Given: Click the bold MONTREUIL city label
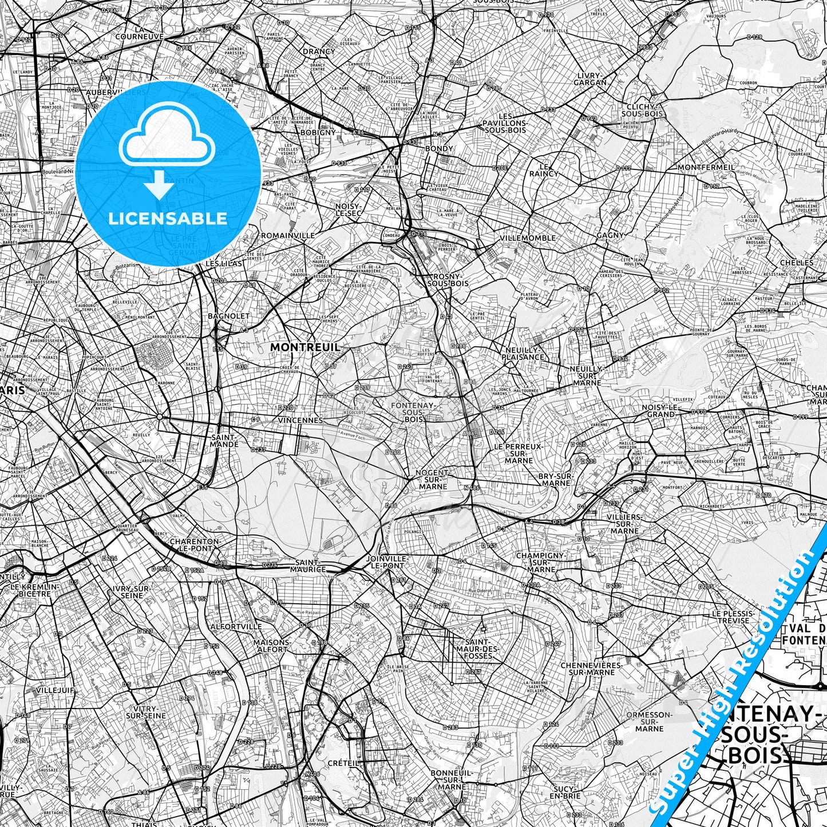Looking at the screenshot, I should pyautogui.click(x=304, y=347).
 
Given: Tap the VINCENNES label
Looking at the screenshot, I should pyautogui.click(x=300, y=420).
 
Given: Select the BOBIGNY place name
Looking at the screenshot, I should pyautogui.click(x=318, y=132).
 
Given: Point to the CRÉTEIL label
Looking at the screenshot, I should pyautogui.click(x=343, y=763).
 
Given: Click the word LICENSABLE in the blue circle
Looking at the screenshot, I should pyautogui.click(x=168, y=219).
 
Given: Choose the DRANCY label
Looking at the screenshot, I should pyautogui.click(x=319, y=52).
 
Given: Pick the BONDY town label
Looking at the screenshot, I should pyautogui.click(x=439, y=149).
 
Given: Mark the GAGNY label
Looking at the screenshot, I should pyautogui.click(x=610, y=235).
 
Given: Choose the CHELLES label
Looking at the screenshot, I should pyautogui.click(x=797, y=263).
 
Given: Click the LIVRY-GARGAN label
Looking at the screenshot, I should pyautogui.click(x=591, y=79).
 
